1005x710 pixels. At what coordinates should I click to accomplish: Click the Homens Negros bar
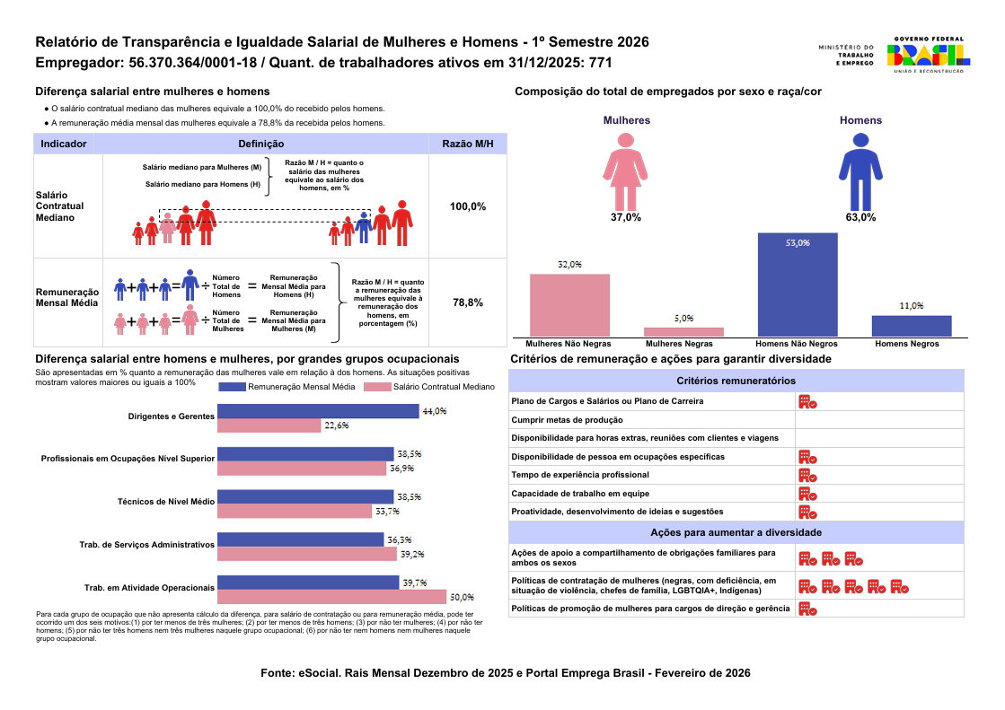(911, 326)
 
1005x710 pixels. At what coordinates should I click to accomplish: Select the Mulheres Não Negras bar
(569, 305)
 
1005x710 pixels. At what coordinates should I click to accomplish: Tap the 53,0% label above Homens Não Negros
(798, 242)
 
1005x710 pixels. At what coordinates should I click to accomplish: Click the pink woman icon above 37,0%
(625, 171)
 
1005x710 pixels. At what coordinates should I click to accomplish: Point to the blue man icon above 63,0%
(860, 171)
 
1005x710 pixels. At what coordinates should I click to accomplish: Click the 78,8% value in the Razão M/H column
(468, 303)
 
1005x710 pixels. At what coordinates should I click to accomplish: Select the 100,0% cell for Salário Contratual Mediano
(468, 206)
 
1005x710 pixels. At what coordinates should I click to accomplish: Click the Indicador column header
(64, 144)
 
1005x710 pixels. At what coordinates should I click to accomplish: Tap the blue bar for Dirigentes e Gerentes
(318, 411)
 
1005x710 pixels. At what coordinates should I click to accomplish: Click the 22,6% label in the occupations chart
(337, 425)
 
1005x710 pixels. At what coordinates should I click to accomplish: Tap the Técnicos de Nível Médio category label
(165, 502)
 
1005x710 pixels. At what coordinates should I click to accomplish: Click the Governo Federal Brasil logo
(927, 55)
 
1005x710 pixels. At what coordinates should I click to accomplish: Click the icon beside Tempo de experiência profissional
(807, 475)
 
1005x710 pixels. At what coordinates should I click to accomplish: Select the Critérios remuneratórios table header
(736, 381)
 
